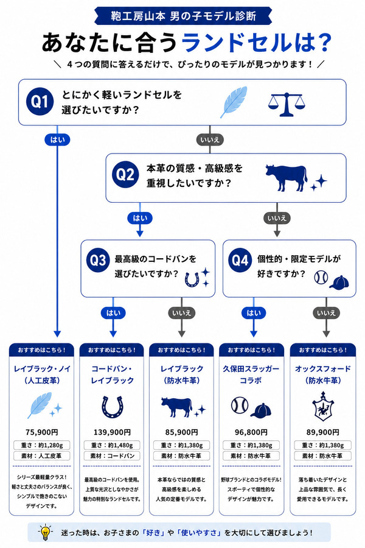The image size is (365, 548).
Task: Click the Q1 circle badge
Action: click(40, 101)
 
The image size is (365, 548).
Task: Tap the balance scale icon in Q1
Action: click(287, 104)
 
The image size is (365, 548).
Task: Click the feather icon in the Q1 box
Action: click(234, 102)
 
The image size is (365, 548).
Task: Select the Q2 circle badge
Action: click(125, 174)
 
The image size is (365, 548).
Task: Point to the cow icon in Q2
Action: click(286, 178)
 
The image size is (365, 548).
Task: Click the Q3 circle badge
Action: click(98, 260)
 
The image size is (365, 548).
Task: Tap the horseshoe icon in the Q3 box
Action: click(192, 279)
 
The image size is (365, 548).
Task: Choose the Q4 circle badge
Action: click(240, 260)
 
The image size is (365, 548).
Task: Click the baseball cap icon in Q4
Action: click(339, 282)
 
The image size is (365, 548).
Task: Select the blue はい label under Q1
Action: click(57, 140)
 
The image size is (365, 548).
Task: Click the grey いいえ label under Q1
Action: click(209, 140)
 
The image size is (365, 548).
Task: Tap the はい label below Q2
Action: click(140, 218)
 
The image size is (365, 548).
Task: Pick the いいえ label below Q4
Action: click(326, 313)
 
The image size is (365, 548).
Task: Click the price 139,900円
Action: click(112, 432)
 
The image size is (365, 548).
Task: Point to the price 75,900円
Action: click(41, 432)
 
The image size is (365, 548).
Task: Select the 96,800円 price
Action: click(251, 432)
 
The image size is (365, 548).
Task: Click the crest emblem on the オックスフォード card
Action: click(323, 407)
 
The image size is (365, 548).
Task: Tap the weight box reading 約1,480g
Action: click(112, 445)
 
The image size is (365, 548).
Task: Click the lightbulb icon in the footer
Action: click(45, 532)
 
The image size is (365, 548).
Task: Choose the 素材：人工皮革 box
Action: click(41, 455)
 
